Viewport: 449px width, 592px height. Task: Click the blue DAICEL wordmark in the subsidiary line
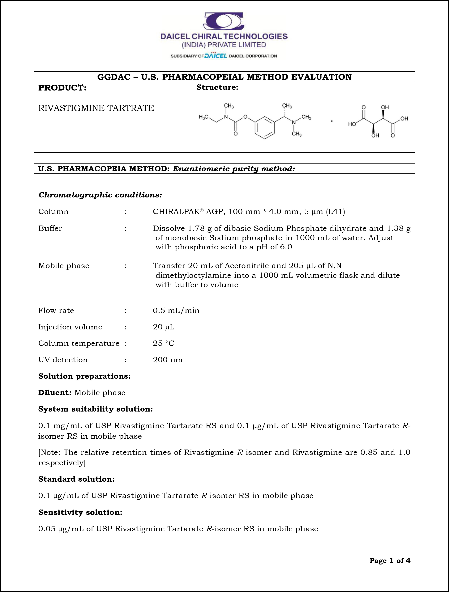(216, 56)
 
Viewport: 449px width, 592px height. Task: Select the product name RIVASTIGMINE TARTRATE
(96, 108)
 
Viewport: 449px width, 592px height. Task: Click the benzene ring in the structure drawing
(264, 127)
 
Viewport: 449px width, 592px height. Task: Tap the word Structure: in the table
(217, 87)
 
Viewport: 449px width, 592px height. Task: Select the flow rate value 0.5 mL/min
(176, 311)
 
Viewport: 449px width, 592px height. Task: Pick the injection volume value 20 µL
(163, 327)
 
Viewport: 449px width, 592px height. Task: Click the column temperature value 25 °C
(163, 343)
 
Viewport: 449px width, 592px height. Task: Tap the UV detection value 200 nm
(168, 360)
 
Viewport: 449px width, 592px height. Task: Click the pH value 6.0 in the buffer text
(286, 247)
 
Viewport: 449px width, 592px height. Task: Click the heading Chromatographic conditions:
(100, 195)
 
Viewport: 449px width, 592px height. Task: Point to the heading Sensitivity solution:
(80, 512)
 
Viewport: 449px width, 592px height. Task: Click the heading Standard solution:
(76, 479)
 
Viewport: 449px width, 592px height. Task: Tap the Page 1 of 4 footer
(390, 560)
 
